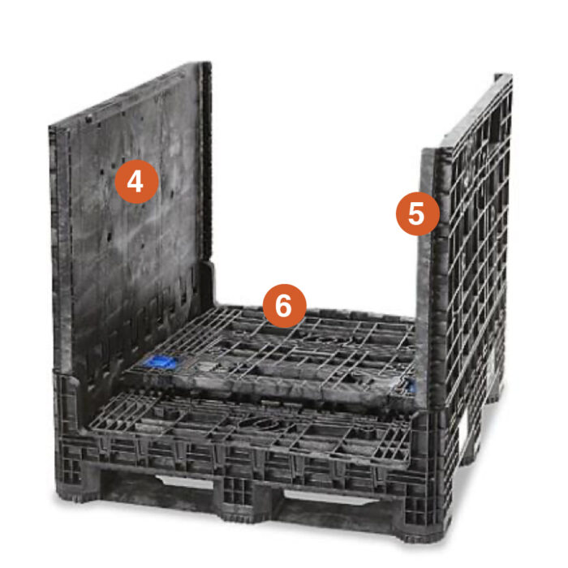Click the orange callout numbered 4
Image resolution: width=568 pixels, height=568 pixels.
pyautogui.click(x=136, y=182)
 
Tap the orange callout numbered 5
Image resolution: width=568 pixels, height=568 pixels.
pyautogui.click(x=416, y=213)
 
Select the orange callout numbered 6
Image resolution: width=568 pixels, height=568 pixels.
pyautogui.click(x=283, y=305)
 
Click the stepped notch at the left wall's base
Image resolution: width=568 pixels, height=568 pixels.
pyautogui.click(x=208, y=276)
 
